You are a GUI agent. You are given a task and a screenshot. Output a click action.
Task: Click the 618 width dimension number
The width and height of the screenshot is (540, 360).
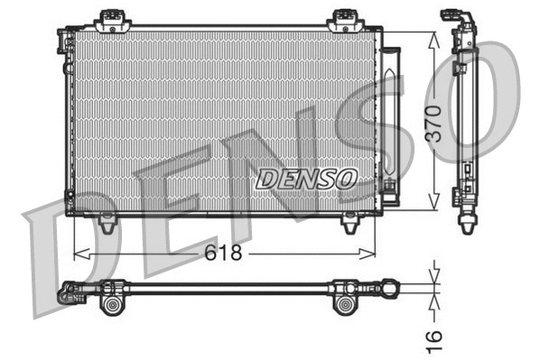pos(223,254)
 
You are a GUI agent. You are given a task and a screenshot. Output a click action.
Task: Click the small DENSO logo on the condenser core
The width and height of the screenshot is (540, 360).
pos(306,178)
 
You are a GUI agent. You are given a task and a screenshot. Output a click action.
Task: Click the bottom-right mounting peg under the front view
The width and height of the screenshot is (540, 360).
pos(348,221)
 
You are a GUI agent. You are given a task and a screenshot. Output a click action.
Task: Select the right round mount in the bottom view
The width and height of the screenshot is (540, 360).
pos(345,304)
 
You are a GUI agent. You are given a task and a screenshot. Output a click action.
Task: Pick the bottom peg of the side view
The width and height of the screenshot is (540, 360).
pos(467,222)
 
